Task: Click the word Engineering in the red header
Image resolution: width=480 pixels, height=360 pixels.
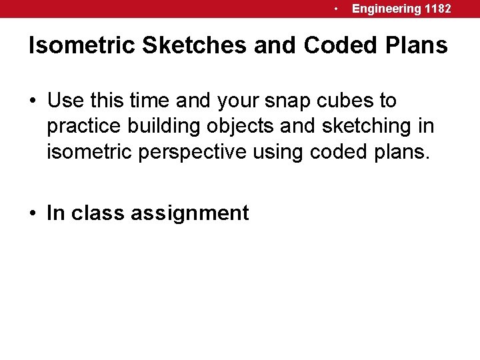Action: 387,9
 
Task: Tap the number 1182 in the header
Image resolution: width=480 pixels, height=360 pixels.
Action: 437,9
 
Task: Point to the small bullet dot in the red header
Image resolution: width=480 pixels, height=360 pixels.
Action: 338,9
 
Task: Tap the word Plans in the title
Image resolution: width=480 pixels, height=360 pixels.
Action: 415,45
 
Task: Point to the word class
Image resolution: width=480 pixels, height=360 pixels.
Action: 98,213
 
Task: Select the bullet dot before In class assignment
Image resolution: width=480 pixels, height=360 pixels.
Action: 33,213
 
